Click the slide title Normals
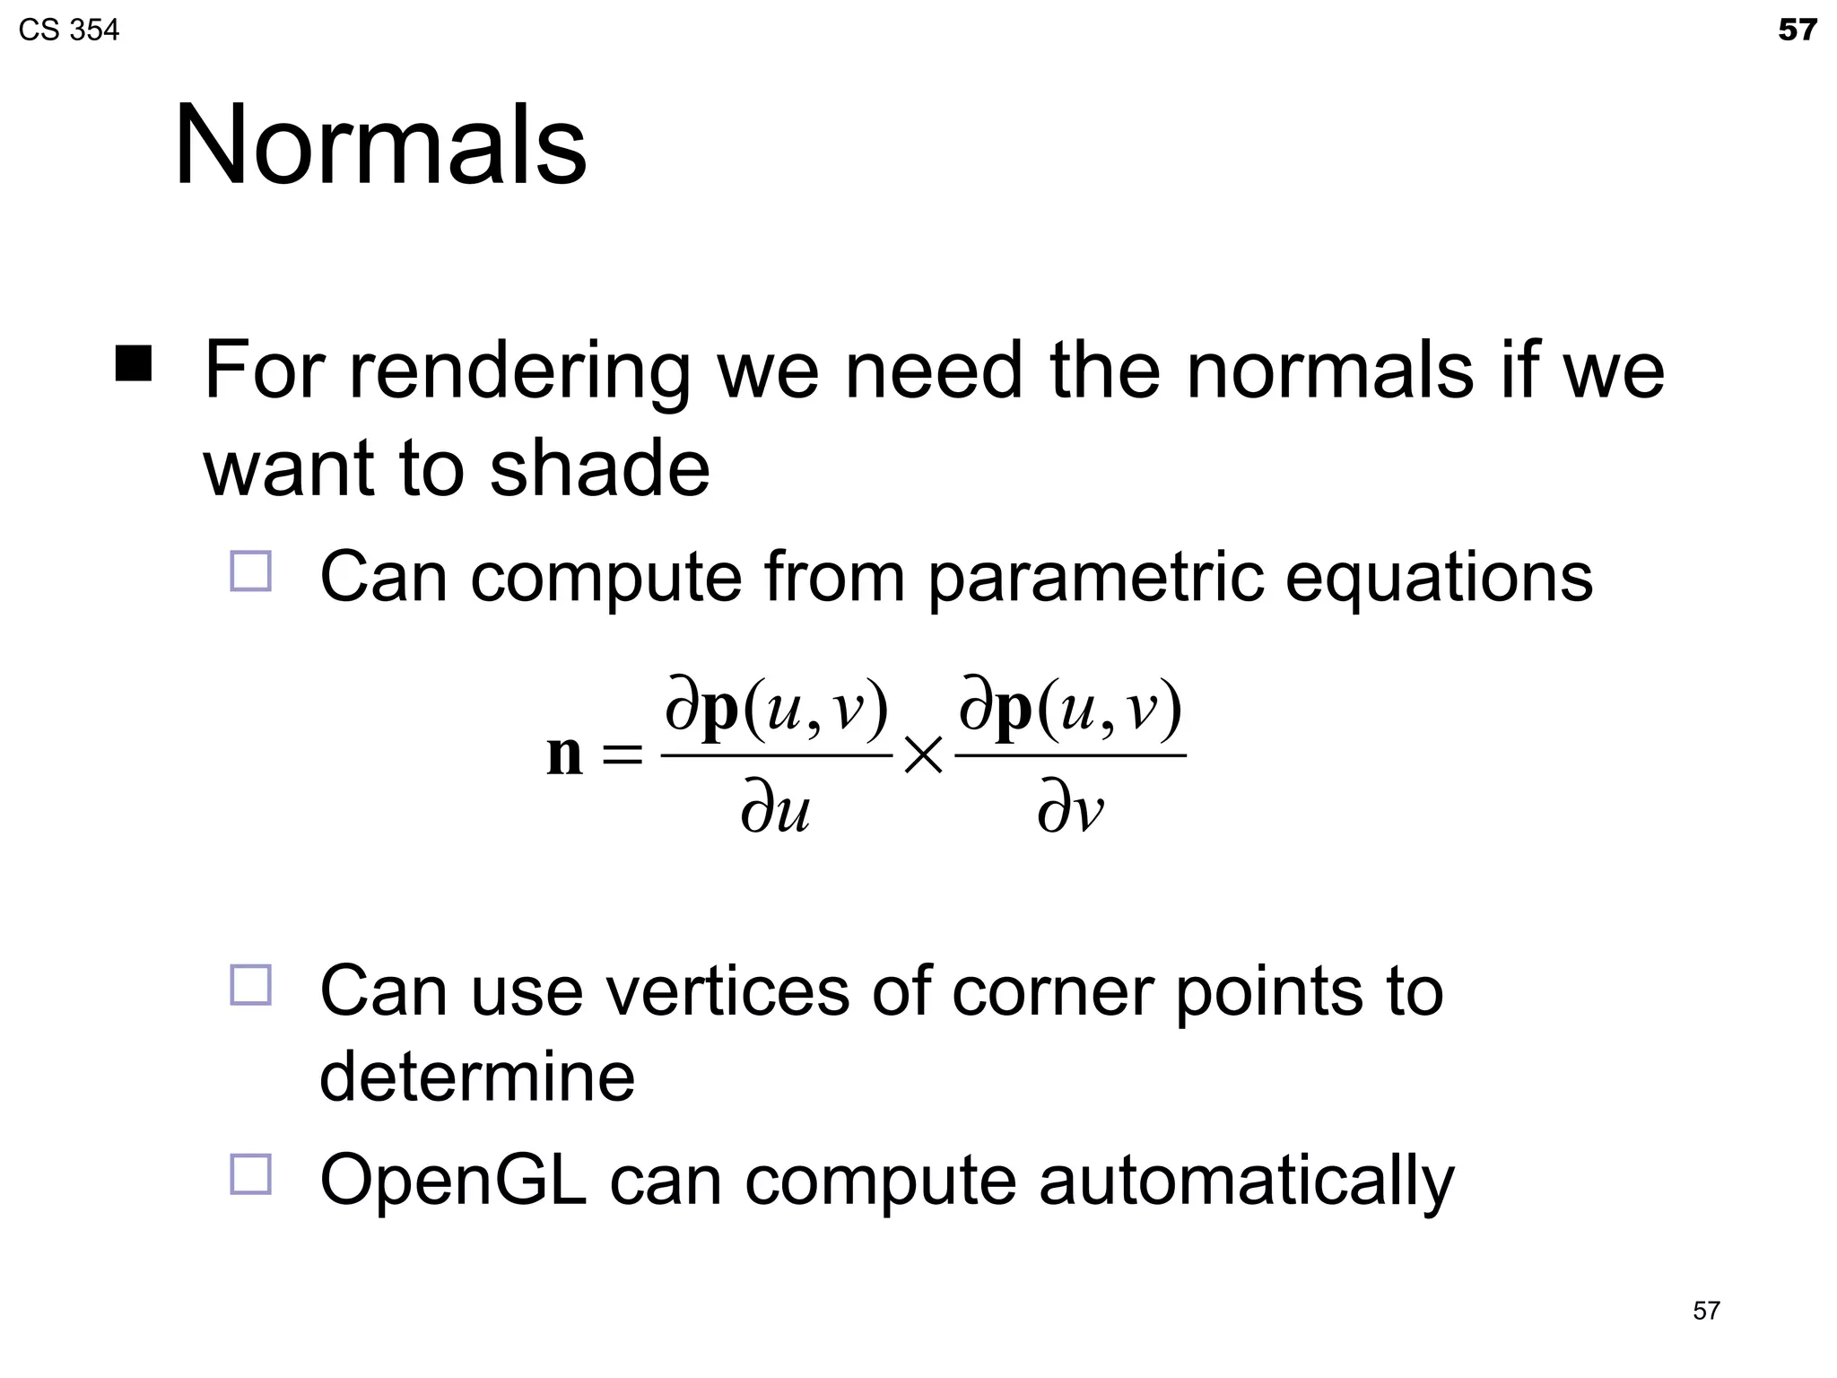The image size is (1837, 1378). click(x=379, y=145)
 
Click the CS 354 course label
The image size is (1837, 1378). click(x=68, y=31)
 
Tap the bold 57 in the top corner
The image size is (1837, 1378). click(x=1797, y=31)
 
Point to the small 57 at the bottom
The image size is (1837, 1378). click(x=1706, y=1311)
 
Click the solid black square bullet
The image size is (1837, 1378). click(x=134, y=363)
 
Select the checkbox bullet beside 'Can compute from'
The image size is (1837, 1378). click(x=250, y=571)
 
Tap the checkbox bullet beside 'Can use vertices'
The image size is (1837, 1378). click(x=250, y=985)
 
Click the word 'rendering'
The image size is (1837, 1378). click(x=519, y=372)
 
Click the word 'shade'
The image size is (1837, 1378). click(x=599, y=468)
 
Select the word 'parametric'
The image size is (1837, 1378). click(x=1094, y=577)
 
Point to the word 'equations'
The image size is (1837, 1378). click(x=1439, y=577)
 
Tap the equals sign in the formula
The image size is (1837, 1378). click(x=622, y=755)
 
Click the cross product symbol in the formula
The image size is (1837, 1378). click(x=923, y=755)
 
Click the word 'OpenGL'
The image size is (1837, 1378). click(x=453, y=1181)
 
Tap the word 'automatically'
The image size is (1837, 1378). click(x=1246, y=1182)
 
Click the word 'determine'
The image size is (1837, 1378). click(x=477, y=1077)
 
